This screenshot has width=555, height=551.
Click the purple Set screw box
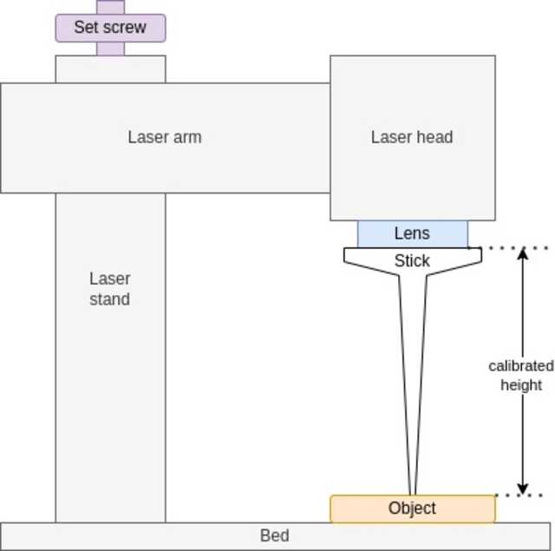(110, 28)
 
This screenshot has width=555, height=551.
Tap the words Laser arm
(165, 137)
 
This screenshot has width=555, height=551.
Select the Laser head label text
(412, 137)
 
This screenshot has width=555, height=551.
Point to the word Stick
(412, 260)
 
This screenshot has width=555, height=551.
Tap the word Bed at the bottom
(275, 535)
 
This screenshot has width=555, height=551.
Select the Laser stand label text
(110, 289)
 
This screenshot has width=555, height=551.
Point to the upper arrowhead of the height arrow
(522, 253)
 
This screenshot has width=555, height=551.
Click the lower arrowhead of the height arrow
(522, 489)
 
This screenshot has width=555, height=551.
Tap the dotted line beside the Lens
(512, 248)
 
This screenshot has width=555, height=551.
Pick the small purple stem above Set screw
(110, 7)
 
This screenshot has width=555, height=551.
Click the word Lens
(412, 233)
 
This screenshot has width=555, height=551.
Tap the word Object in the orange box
(412, 508)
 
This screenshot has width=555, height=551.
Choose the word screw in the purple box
(127, 28)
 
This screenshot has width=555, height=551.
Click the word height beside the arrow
(521, 384)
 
